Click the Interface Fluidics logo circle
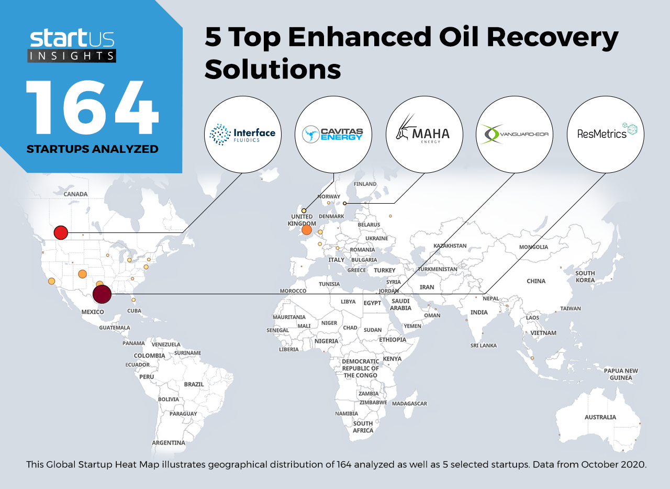(x=242, y=135)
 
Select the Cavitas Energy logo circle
(x=333, y=135)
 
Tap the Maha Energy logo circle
(x=424, y=135)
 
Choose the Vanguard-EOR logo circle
(x=515, y=135)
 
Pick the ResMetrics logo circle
(x=606, y=135)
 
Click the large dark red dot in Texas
(x=102, y=294)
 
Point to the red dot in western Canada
(x=61, y=232)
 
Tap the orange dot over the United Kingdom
(x=307, y=230)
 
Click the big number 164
(x=92, y=107)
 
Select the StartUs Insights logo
(x=72, y=46)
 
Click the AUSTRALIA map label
(x=600, y=417)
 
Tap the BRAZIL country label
(x=194, y=384)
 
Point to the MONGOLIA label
(x=533, y=247)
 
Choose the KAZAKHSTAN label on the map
(x=450, y=246)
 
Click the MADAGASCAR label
(x=409, y=404)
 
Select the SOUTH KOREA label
(x=585, y=276)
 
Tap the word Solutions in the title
(x=273, y=69)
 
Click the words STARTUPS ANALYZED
(x=93, y=149)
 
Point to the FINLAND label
(x=365, y=184)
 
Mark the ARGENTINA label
(x=169, y=442)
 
